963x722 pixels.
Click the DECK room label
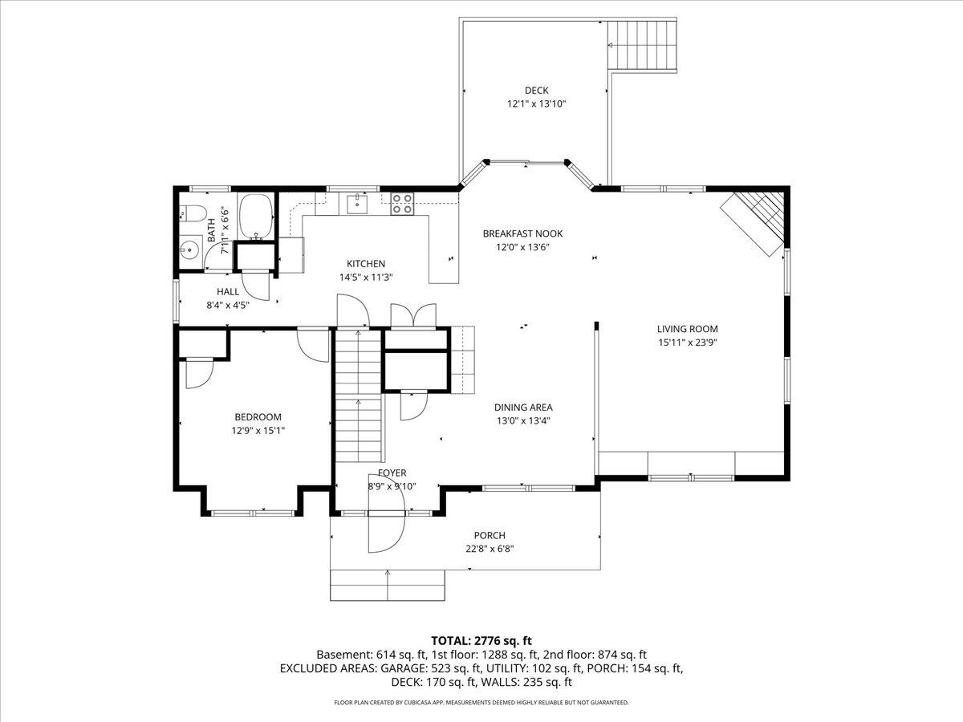[x=537, y=91]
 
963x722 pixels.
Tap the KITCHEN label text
[x=366, y=264]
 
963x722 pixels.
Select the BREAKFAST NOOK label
[x=522, y=234]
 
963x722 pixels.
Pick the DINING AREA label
[x=523, y=408]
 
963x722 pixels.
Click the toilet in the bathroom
[x=189, y=214]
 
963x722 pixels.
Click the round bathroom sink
[x=189, y=249]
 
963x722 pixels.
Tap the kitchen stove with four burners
[x=402, y=205]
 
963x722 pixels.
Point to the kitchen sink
[x=358, y=205]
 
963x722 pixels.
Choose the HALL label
[x=228, y=292]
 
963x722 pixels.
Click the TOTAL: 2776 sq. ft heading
[x=481, y=640]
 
